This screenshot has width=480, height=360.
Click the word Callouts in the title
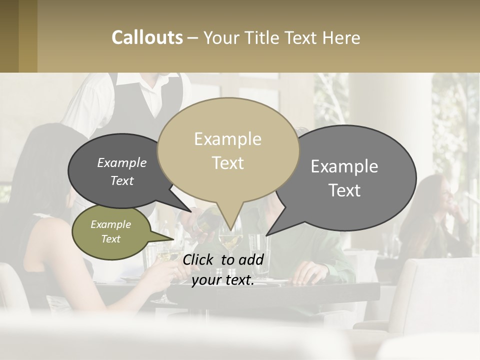pyautogui.click(x=147, y=37)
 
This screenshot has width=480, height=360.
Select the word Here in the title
pyautogui.click(x=342, y=38)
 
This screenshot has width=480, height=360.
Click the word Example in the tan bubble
pyautogui.click(x=227, y=138)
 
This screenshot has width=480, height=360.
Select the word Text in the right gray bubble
pyautogui.click(x=344, y=190)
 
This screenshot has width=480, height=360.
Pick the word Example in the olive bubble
pyautogui.click(x=110, y=224)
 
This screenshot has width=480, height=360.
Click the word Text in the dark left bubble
pyautogui.click(x=122, y=181)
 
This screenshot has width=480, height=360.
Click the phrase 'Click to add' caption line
pyautogui.click(x=223, y=259)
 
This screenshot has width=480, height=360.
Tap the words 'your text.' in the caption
pyautogui.click(x=223, y=280)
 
